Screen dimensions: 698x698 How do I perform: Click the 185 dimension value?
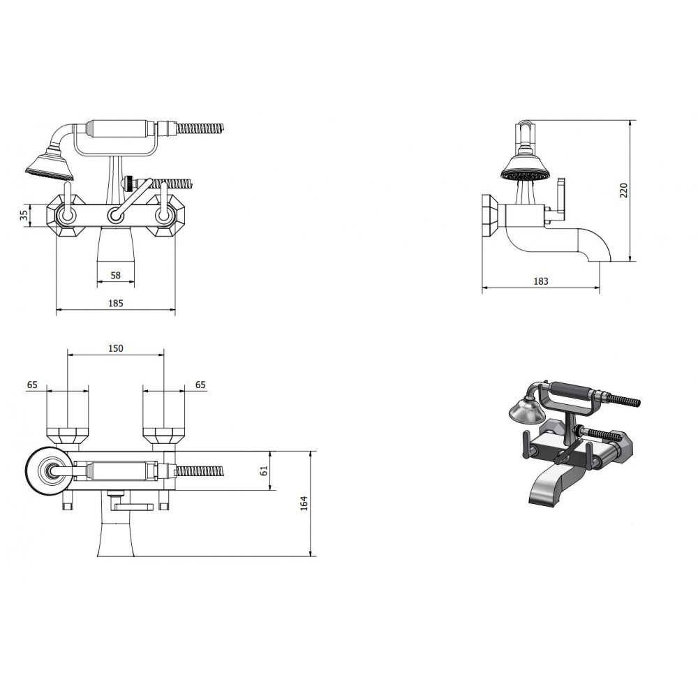[x=116, y=303]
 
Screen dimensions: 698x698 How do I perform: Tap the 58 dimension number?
[x=115, y=275]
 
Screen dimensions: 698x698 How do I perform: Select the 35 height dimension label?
[x=24, y=216]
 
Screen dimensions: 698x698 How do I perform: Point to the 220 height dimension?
[x=623, y=191]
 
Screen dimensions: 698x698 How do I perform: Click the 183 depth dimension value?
[x=540, y=281]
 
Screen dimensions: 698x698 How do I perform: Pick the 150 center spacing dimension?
[x=116, y=348]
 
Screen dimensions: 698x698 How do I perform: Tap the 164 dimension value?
[x=304, y=503]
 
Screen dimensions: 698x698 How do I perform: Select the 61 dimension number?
[x=264, y=470]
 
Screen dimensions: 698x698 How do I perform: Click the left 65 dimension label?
[x=32, y=385]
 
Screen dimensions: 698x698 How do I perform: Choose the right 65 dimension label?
[x=200, y=385]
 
